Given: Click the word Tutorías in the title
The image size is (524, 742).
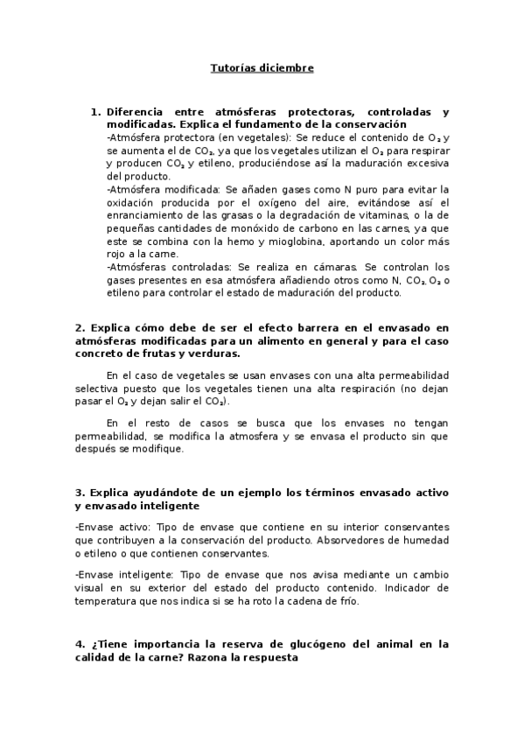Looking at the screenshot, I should pos(232,66).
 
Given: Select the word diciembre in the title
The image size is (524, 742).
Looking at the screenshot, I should pos(283,66).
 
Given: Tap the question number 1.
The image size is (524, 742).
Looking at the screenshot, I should pos(95,112).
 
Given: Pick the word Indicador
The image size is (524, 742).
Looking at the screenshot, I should pos(422,588).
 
